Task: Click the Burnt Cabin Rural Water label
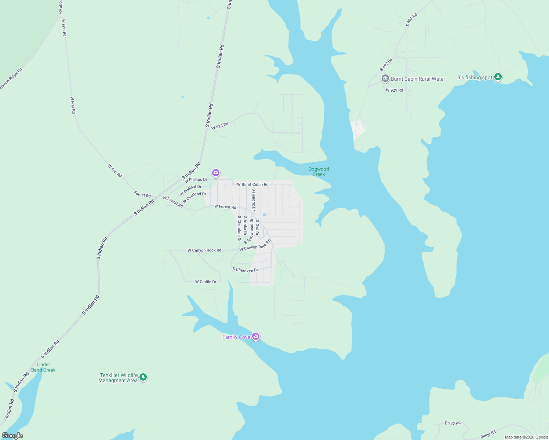(418, 79)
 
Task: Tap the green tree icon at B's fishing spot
(498, 77)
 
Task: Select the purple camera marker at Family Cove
(256, 337)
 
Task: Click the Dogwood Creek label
(319, 172)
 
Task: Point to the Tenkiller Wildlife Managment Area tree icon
(143, 377)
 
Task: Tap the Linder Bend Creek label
(43, 367)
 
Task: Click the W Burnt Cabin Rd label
(252, 184)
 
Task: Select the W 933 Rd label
(220, 126)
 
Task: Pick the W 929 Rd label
(394, 90)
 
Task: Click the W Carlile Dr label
(206, 282)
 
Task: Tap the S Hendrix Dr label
(254, 199)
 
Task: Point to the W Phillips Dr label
(196, 180)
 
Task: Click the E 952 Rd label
(452, 423)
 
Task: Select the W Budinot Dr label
(190, 190)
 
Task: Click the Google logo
(12, 436)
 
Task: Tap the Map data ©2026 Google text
(526, 437)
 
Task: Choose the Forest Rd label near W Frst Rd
(142, 195)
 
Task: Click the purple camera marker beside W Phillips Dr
(215, 173)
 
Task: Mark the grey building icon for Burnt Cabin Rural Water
(385, 78)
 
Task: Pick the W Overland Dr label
(194, 197)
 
